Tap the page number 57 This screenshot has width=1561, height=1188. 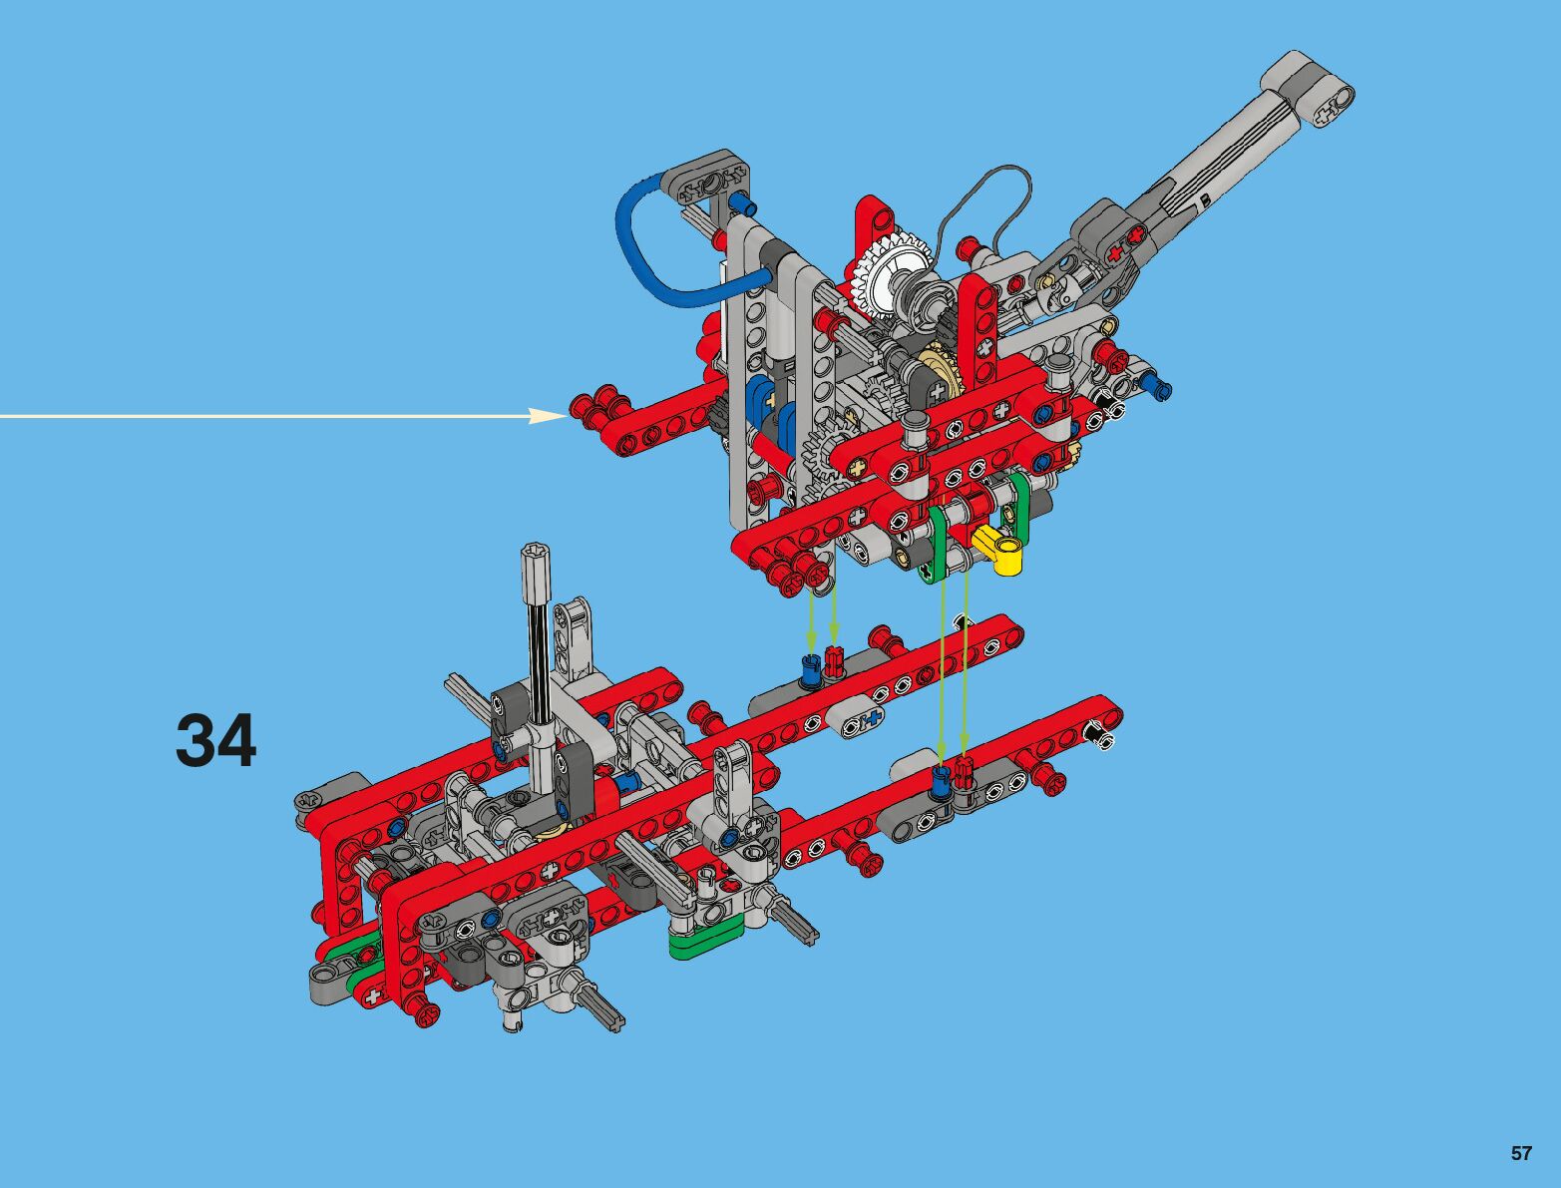1520,1153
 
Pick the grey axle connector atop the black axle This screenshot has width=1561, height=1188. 535,571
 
